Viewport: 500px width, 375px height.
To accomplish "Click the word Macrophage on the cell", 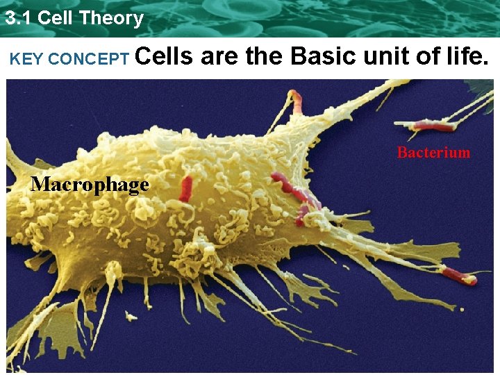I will tap(90, 185).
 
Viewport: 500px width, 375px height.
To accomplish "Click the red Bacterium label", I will tap(433, 153).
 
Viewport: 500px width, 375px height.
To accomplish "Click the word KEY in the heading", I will tap(26, 60).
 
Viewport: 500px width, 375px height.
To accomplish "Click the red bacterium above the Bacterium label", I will tap(431, 126).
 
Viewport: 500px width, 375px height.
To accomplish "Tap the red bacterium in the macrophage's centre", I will tap(186, 188).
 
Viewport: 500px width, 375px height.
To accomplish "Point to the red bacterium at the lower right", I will tap(458, 276).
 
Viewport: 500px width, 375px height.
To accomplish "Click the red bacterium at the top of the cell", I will tap(297, 102).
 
